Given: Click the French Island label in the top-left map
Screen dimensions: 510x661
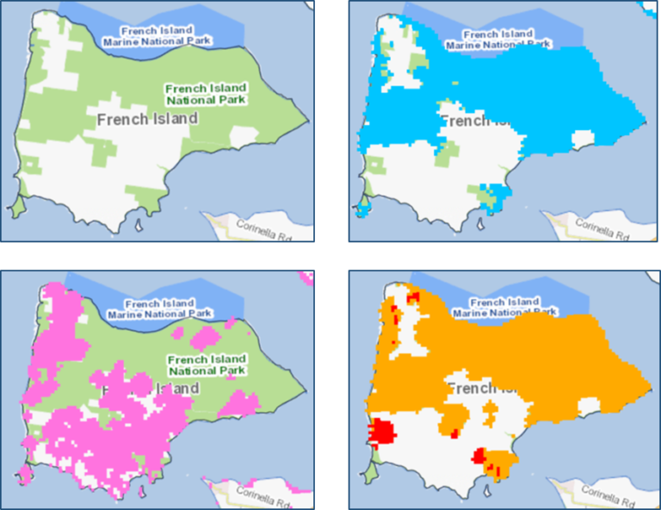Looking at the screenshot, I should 148,120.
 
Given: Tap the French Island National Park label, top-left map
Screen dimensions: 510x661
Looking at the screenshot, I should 206,94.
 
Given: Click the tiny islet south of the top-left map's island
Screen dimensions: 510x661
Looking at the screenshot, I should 139,227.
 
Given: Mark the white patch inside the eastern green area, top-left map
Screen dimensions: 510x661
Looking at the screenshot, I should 243,135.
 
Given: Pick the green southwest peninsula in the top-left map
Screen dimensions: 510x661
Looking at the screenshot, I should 16,208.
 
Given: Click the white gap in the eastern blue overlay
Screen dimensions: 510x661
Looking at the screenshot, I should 584,138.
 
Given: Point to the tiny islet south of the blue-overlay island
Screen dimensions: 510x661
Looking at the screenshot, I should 479,227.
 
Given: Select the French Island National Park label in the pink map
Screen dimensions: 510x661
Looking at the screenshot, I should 207,365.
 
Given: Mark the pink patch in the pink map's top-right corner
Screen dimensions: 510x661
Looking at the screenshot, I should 306,277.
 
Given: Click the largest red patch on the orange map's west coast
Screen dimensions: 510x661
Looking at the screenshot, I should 380,430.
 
